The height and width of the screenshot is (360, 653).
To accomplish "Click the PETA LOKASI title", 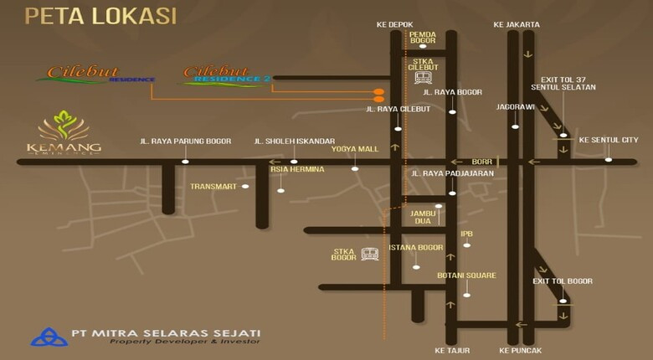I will coord(100,16).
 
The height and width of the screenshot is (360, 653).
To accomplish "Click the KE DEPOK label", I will coord(395,25).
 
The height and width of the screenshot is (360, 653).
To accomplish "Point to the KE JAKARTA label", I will coord(517,25).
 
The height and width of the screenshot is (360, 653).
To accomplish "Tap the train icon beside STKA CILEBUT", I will coord(422,78).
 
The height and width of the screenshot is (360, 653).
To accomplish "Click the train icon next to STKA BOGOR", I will coord(369,255).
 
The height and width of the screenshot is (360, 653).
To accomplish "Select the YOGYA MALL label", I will coord(355,149).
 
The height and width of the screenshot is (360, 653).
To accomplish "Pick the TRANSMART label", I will coord(213,187).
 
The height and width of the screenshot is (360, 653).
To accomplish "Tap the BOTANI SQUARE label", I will coord(466,275).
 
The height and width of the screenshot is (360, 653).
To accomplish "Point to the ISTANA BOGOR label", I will coord(415,248).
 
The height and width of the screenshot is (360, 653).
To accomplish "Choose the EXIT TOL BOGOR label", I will coord(563,281).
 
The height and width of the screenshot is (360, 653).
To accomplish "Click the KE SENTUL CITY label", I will coord(608,140).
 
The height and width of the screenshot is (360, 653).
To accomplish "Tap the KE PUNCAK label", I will coord(521,349).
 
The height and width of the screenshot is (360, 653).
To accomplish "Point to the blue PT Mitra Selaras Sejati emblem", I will coord(49,337).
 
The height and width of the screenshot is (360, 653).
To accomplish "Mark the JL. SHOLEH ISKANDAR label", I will coord(295,141).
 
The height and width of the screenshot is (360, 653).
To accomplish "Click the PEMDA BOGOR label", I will coord(422,38).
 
